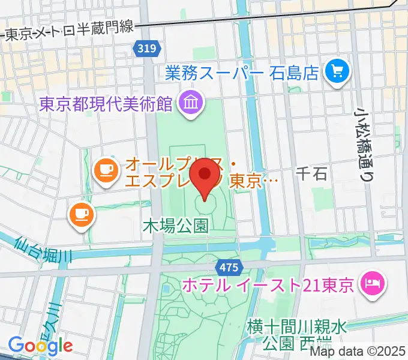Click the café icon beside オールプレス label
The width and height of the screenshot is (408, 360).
106,170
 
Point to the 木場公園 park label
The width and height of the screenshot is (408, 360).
175,226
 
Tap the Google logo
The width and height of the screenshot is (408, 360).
40,345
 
